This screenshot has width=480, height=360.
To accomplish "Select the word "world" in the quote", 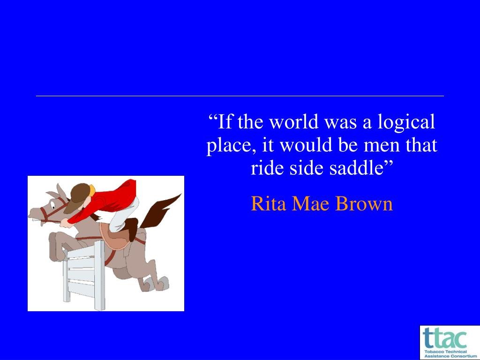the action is (x=294, y=121).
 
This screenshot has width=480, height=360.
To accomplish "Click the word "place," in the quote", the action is (x=232, y=146).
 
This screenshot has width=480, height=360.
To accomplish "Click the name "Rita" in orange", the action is (x=269, y=203).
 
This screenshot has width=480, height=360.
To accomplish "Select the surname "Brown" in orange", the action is (x=364, y=203).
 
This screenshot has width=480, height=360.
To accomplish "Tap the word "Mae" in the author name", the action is (x=310, y=203).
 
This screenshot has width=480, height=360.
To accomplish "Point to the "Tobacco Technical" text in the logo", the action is (x=445, y=352).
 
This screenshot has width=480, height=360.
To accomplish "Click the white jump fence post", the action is (x=99, y=275).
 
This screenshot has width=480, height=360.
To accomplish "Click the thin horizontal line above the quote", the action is (x=240, y=96).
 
